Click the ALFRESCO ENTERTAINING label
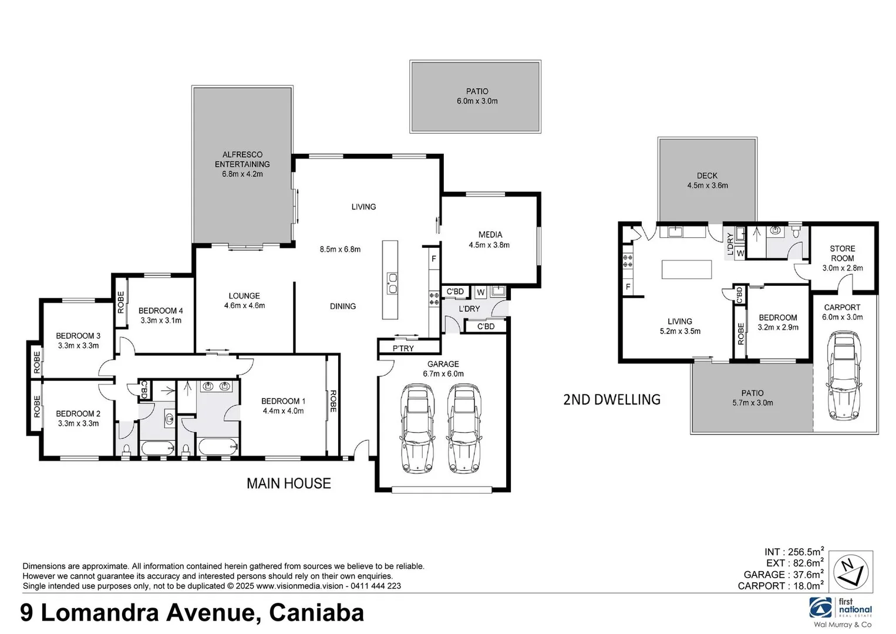(x=242, y=160)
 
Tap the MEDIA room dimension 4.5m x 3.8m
(x=489, y=245)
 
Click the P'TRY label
(x=403, y=348)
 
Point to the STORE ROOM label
(x=842, y=254)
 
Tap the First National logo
(x=840, y=610)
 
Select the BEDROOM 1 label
(x=283, y=401)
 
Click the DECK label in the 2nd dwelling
(x=707, y=176)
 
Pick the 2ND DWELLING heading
(x=611, y=400)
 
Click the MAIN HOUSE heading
(x=288, y=483)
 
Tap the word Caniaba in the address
(x=316, y=613)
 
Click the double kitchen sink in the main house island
(x=391, y=282)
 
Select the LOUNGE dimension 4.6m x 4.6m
(x=244, y=305)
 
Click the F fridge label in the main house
(x=434, y=258)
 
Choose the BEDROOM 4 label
(x=160, y=311)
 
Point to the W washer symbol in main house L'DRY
(x=480, y=292)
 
